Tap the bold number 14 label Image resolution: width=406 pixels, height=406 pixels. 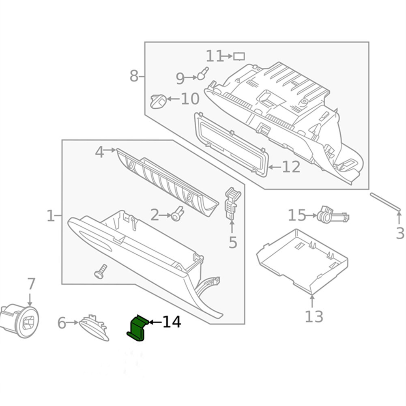[x=172, y=322]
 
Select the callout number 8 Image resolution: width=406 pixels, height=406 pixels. [x=134, y=76]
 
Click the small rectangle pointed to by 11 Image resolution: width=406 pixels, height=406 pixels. [x=239, y=56]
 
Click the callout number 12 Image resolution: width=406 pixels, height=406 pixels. [x=291, y=167]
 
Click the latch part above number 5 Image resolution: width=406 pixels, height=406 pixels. [x=232, y=202]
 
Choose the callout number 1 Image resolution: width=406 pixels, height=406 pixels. [x=50, y=215]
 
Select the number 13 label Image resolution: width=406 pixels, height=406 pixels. [x=314, y=316]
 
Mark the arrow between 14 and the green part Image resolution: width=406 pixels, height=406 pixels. [x=155, y=322]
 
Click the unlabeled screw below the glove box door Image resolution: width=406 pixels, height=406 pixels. [x=100, y=271]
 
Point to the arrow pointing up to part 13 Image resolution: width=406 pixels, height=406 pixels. [x=312, y=301]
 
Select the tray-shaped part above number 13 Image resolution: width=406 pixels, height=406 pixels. [x=302, y=259]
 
